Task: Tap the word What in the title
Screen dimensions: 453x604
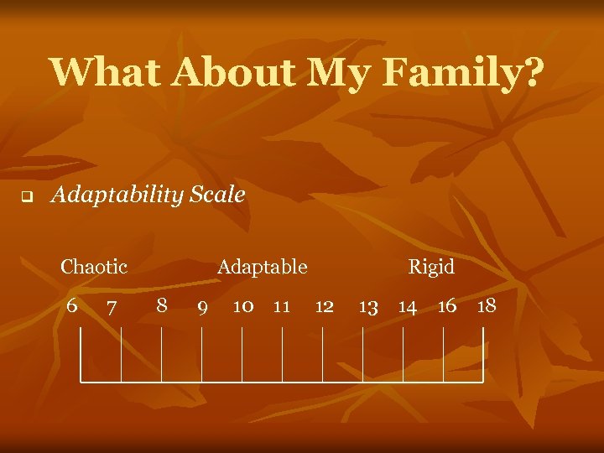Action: [106, 72]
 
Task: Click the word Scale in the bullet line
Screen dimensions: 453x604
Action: [217, 195]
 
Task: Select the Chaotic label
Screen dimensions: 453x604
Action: [94, 268]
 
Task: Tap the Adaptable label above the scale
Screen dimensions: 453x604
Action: [263, 268]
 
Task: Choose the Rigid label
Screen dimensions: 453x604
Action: [431, 268]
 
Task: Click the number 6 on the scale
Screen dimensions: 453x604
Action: [72, 305]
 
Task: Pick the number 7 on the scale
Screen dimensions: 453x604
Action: [112, 308]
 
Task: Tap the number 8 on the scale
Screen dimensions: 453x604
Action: [162, 305]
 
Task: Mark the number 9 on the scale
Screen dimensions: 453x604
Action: [202, 308]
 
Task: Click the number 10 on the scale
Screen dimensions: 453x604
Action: [243, 306]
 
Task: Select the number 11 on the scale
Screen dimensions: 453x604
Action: [282, 306]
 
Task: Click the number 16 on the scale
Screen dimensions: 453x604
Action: [447, 306]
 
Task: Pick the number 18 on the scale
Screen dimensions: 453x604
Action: [487, 306]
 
